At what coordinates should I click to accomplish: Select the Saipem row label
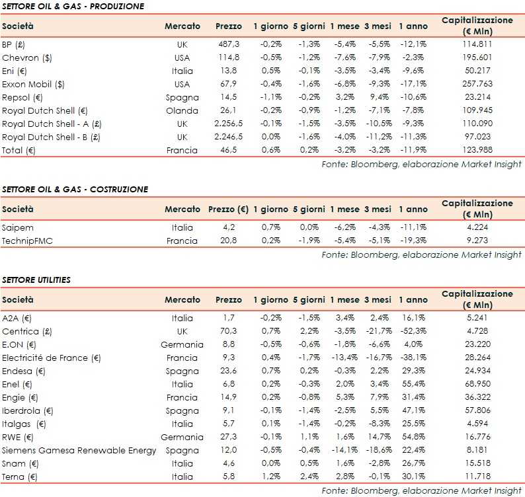pyautogui.click(x=16, y=227)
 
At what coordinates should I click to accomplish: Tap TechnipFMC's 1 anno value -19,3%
pyautogui.click(x=413, y=241)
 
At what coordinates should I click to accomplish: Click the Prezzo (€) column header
pyautogui.click(x=228, y=210)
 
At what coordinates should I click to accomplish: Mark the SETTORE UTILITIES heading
pyautogui.click(x=36, y=280)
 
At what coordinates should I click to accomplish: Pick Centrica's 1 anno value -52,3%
pyautogui.click(x=413, y=331)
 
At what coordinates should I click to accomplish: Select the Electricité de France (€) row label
pyautogui.click(x=51, y=358)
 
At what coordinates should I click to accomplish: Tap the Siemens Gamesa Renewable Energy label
pyautogui.click(x=79, y=450)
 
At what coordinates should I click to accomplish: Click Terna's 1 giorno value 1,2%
pyautogui.click(x=270, y=477)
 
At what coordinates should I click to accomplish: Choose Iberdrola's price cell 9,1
pyautogui.click(x=229, y=410)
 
